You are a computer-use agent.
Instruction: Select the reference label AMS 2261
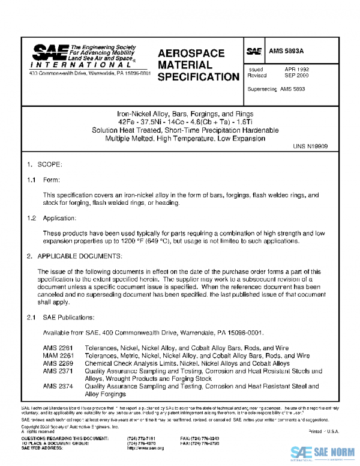(58, 348)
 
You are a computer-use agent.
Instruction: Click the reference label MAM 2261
(58, 356)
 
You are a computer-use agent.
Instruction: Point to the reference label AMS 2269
(58, 363)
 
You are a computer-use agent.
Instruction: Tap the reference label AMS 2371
(58, 371)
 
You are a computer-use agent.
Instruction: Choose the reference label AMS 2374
(58, 386)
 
